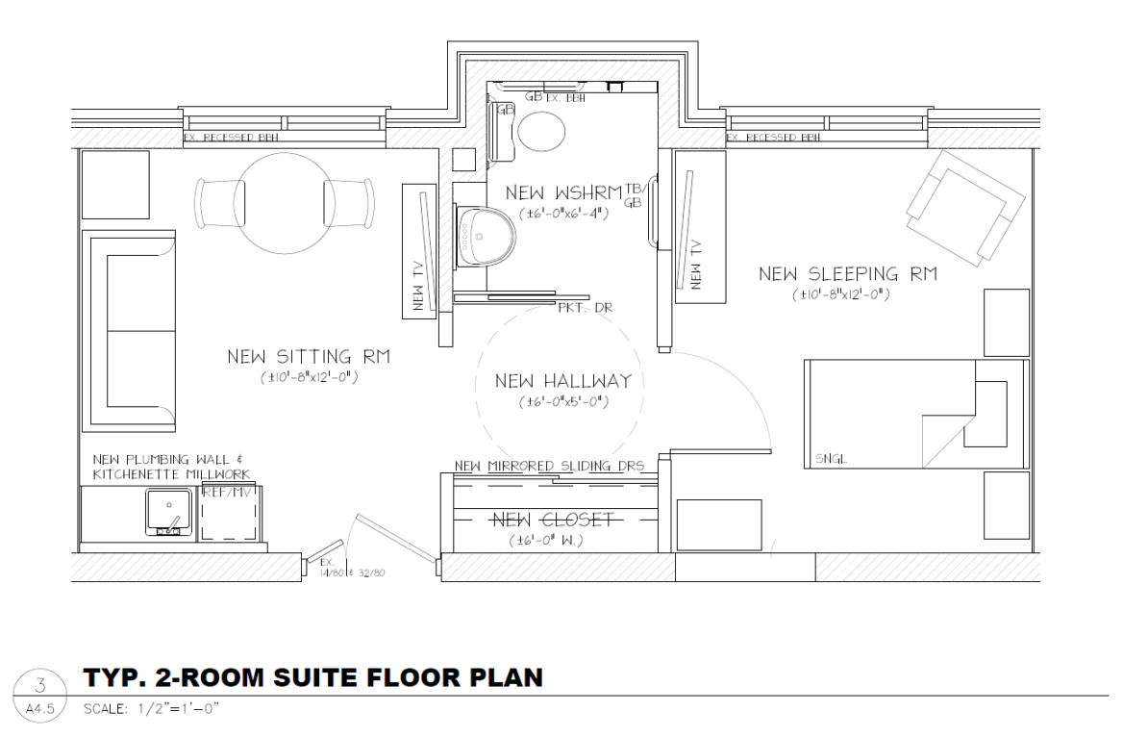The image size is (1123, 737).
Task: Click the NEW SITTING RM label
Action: pyautogui.click(x=309, y=358)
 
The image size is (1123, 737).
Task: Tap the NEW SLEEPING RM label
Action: pyautogui.click(x=847, y=275)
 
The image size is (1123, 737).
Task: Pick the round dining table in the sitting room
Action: pyautogui.click(x=283, y=200)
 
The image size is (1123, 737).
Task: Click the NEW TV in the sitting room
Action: pyautogui.click(x=420, y=252)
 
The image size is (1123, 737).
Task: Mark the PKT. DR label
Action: pyautogui.click(x=585, y=308)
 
